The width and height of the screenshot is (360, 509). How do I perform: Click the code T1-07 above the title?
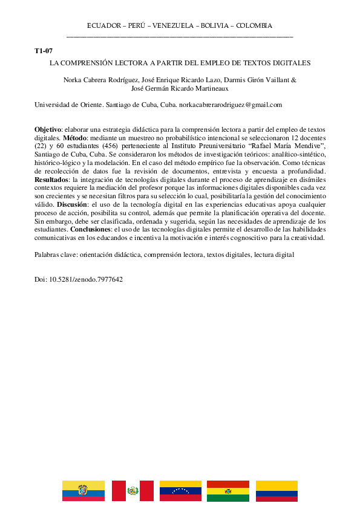click(44, 51)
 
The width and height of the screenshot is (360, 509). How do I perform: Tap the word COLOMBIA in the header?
click(254, 25)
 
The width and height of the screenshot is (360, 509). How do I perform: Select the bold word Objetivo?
click(48, 129)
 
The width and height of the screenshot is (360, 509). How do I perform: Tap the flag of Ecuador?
click(83, 491)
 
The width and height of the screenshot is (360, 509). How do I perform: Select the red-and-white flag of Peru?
click(132, 491)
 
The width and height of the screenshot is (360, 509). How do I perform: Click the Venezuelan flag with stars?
click(180, 491)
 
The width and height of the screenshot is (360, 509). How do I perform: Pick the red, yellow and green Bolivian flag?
click(228, 491)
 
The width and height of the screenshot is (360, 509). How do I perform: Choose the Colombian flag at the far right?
click(277, 491)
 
